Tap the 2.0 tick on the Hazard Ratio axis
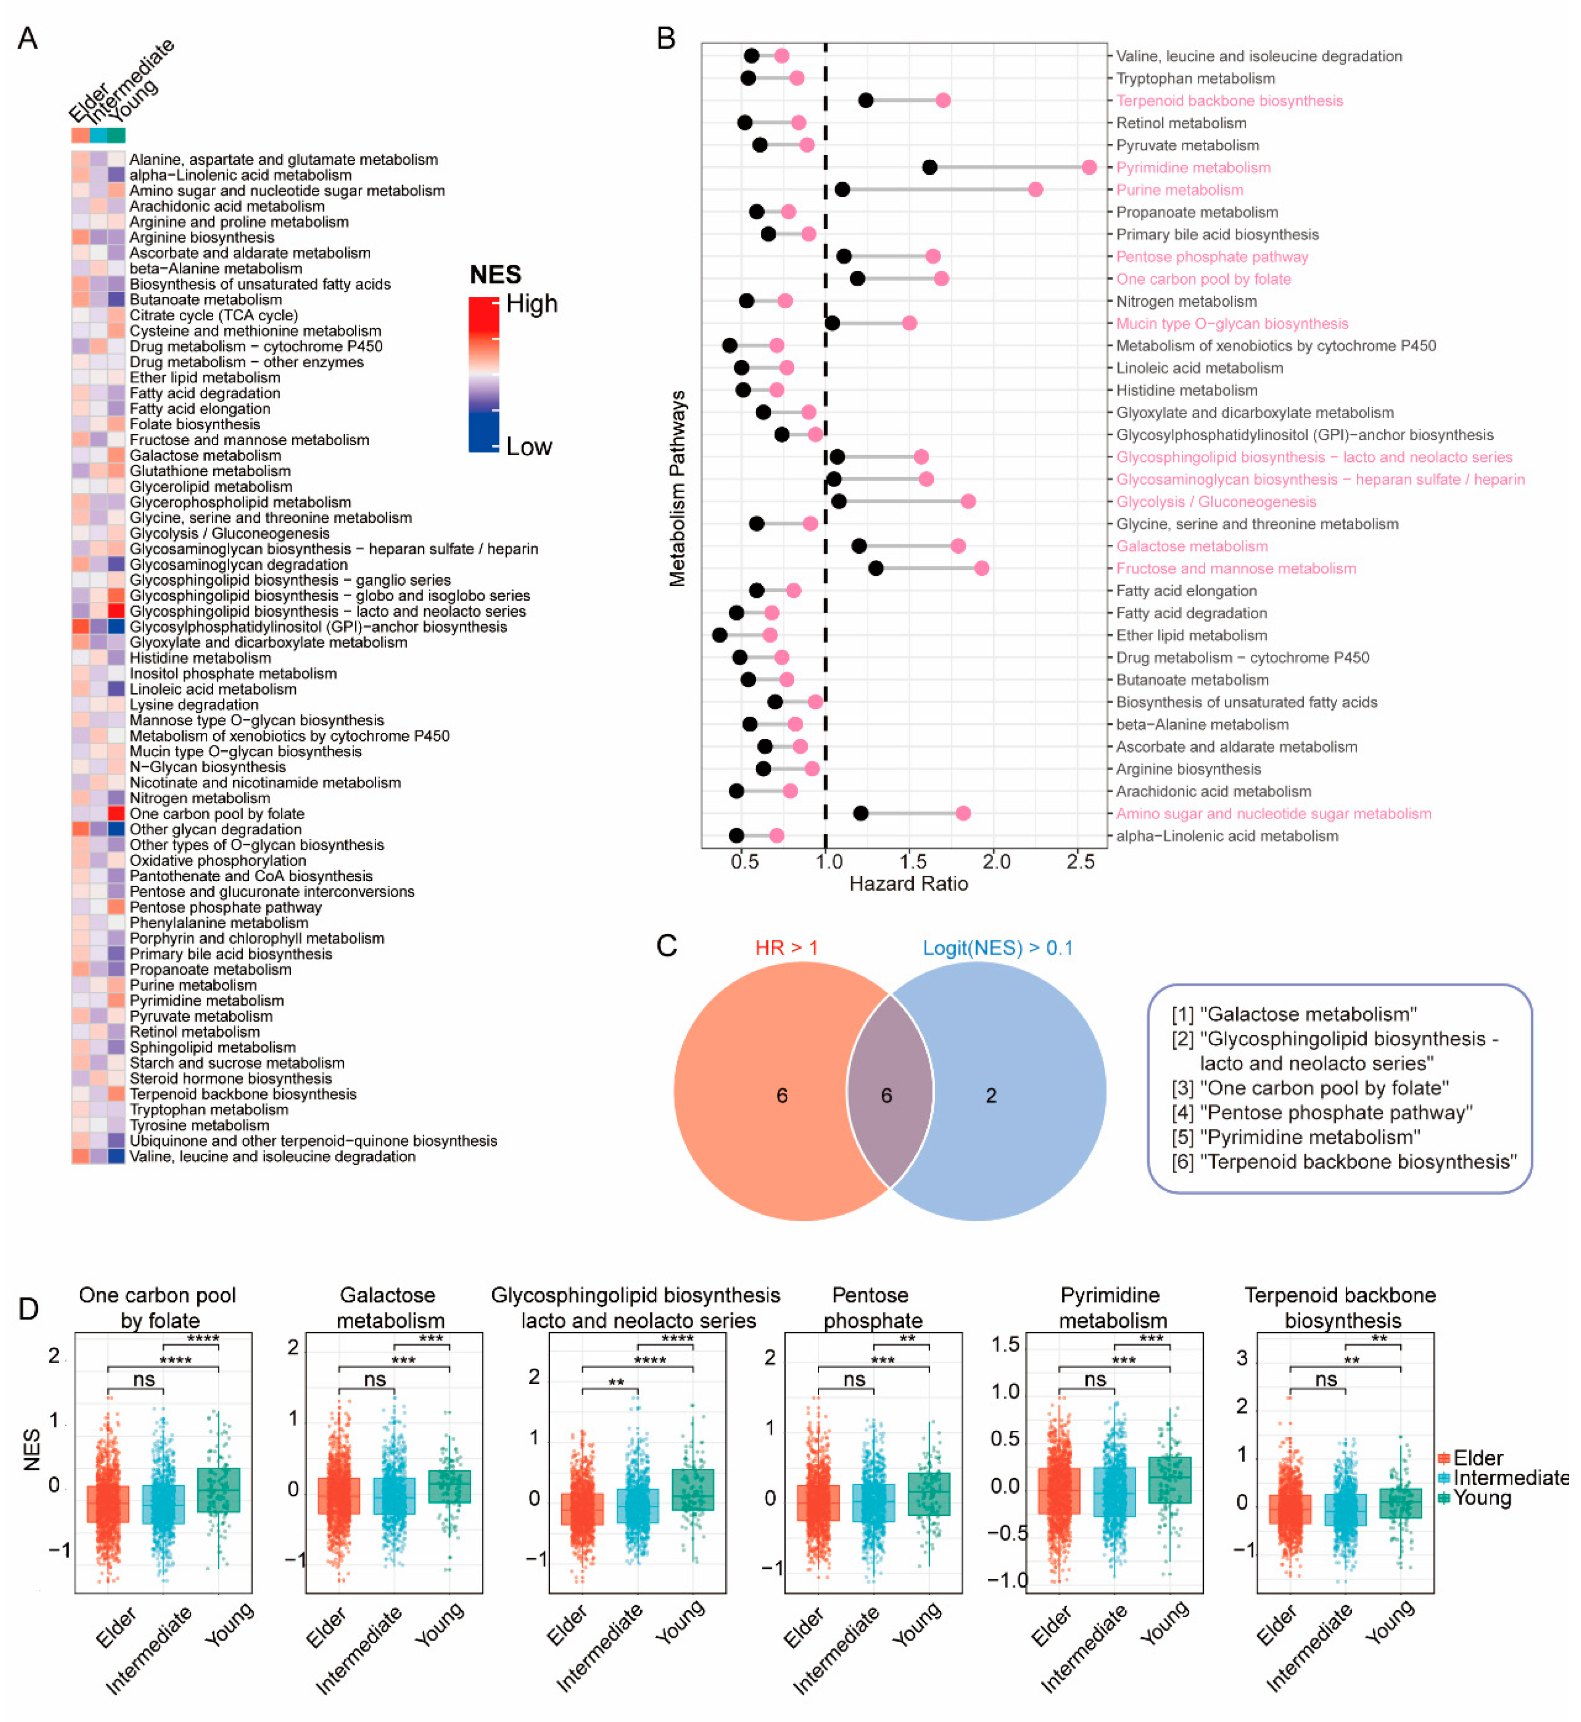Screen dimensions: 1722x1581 [x=996, y=861]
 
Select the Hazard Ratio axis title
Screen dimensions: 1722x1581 [x=908, y=884]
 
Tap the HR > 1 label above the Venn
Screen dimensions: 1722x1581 [x=786, y=948]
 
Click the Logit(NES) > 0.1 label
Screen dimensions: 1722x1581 [x=997, y=948]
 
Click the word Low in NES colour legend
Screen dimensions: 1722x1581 [x=529, y=447]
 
